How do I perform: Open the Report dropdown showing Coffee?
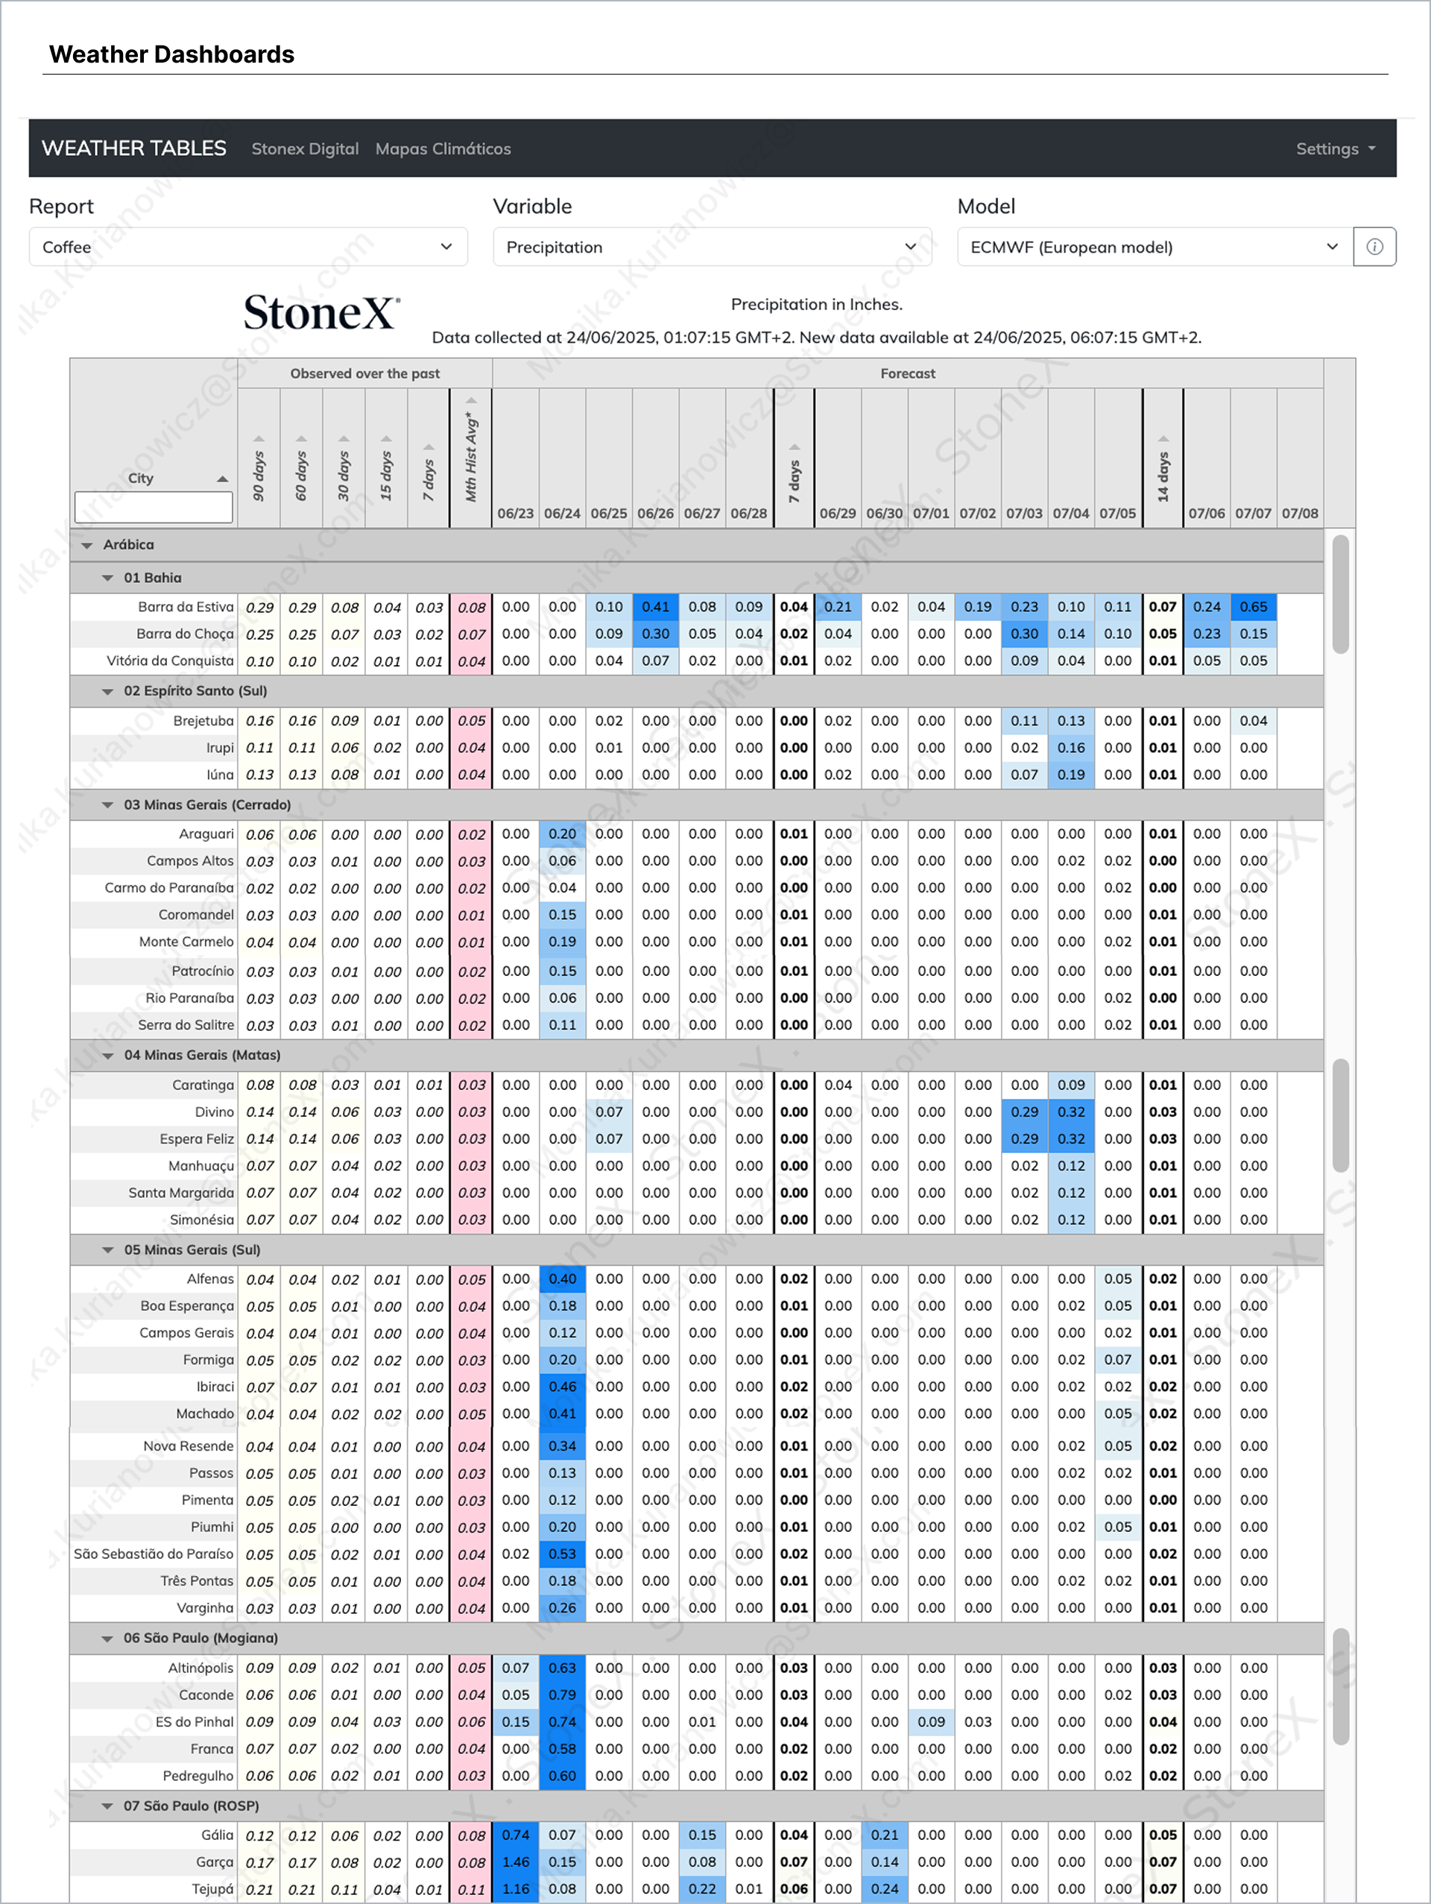[x=248, y=247]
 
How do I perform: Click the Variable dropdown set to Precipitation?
[x=712, y=247]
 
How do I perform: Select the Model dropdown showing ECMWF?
[x=1154, y=247]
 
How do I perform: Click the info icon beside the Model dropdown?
[x=1374, y=247]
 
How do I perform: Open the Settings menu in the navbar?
[x=1335, y=149]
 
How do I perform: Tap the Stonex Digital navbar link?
[x=305, y=149]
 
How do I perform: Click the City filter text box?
[x=154, y=507]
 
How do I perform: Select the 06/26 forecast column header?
[x=655, y=513]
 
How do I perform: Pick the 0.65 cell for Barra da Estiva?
[x=1253, y=607]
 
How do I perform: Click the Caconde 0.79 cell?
[x=562, y=1694]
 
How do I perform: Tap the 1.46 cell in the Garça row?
[x=516, y=1861]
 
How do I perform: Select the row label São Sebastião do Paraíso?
[x=154, y=1554]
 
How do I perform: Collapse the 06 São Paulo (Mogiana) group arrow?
[x=107, y=1638]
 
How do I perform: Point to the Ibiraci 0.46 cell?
[x=562, y=1387]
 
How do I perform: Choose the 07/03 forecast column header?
[x=1024, y=513]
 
